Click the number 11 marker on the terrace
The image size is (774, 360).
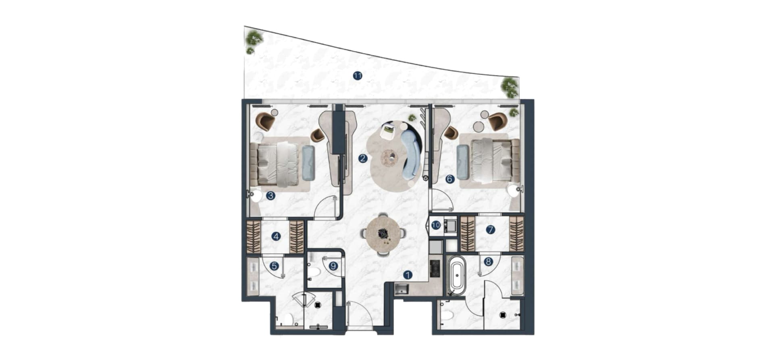click(357, 75)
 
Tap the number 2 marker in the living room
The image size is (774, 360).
click(363, 158)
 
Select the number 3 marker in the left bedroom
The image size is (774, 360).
click(270, 196)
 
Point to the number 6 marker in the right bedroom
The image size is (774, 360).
click(450, 179)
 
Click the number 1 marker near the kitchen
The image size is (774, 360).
click(408, 275)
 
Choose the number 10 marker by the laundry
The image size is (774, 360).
click(436, 225)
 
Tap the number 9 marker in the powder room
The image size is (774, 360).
click(333, 266)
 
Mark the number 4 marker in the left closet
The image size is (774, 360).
click(276, 237)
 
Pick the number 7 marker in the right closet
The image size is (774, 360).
click(490, 230)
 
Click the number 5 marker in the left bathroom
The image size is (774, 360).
click(274, 266)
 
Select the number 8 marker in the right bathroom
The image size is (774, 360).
click(488, 262)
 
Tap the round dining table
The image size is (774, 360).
click(383, 234)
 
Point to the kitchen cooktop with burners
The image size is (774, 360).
click(435, 268)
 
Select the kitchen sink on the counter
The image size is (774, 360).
click(402, 289)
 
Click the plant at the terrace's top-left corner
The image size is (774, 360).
click(254, 39)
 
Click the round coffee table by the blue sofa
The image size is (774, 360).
click(390, 156)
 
